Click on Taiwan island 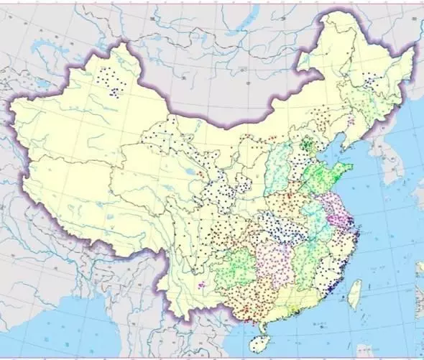(354, 293)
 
